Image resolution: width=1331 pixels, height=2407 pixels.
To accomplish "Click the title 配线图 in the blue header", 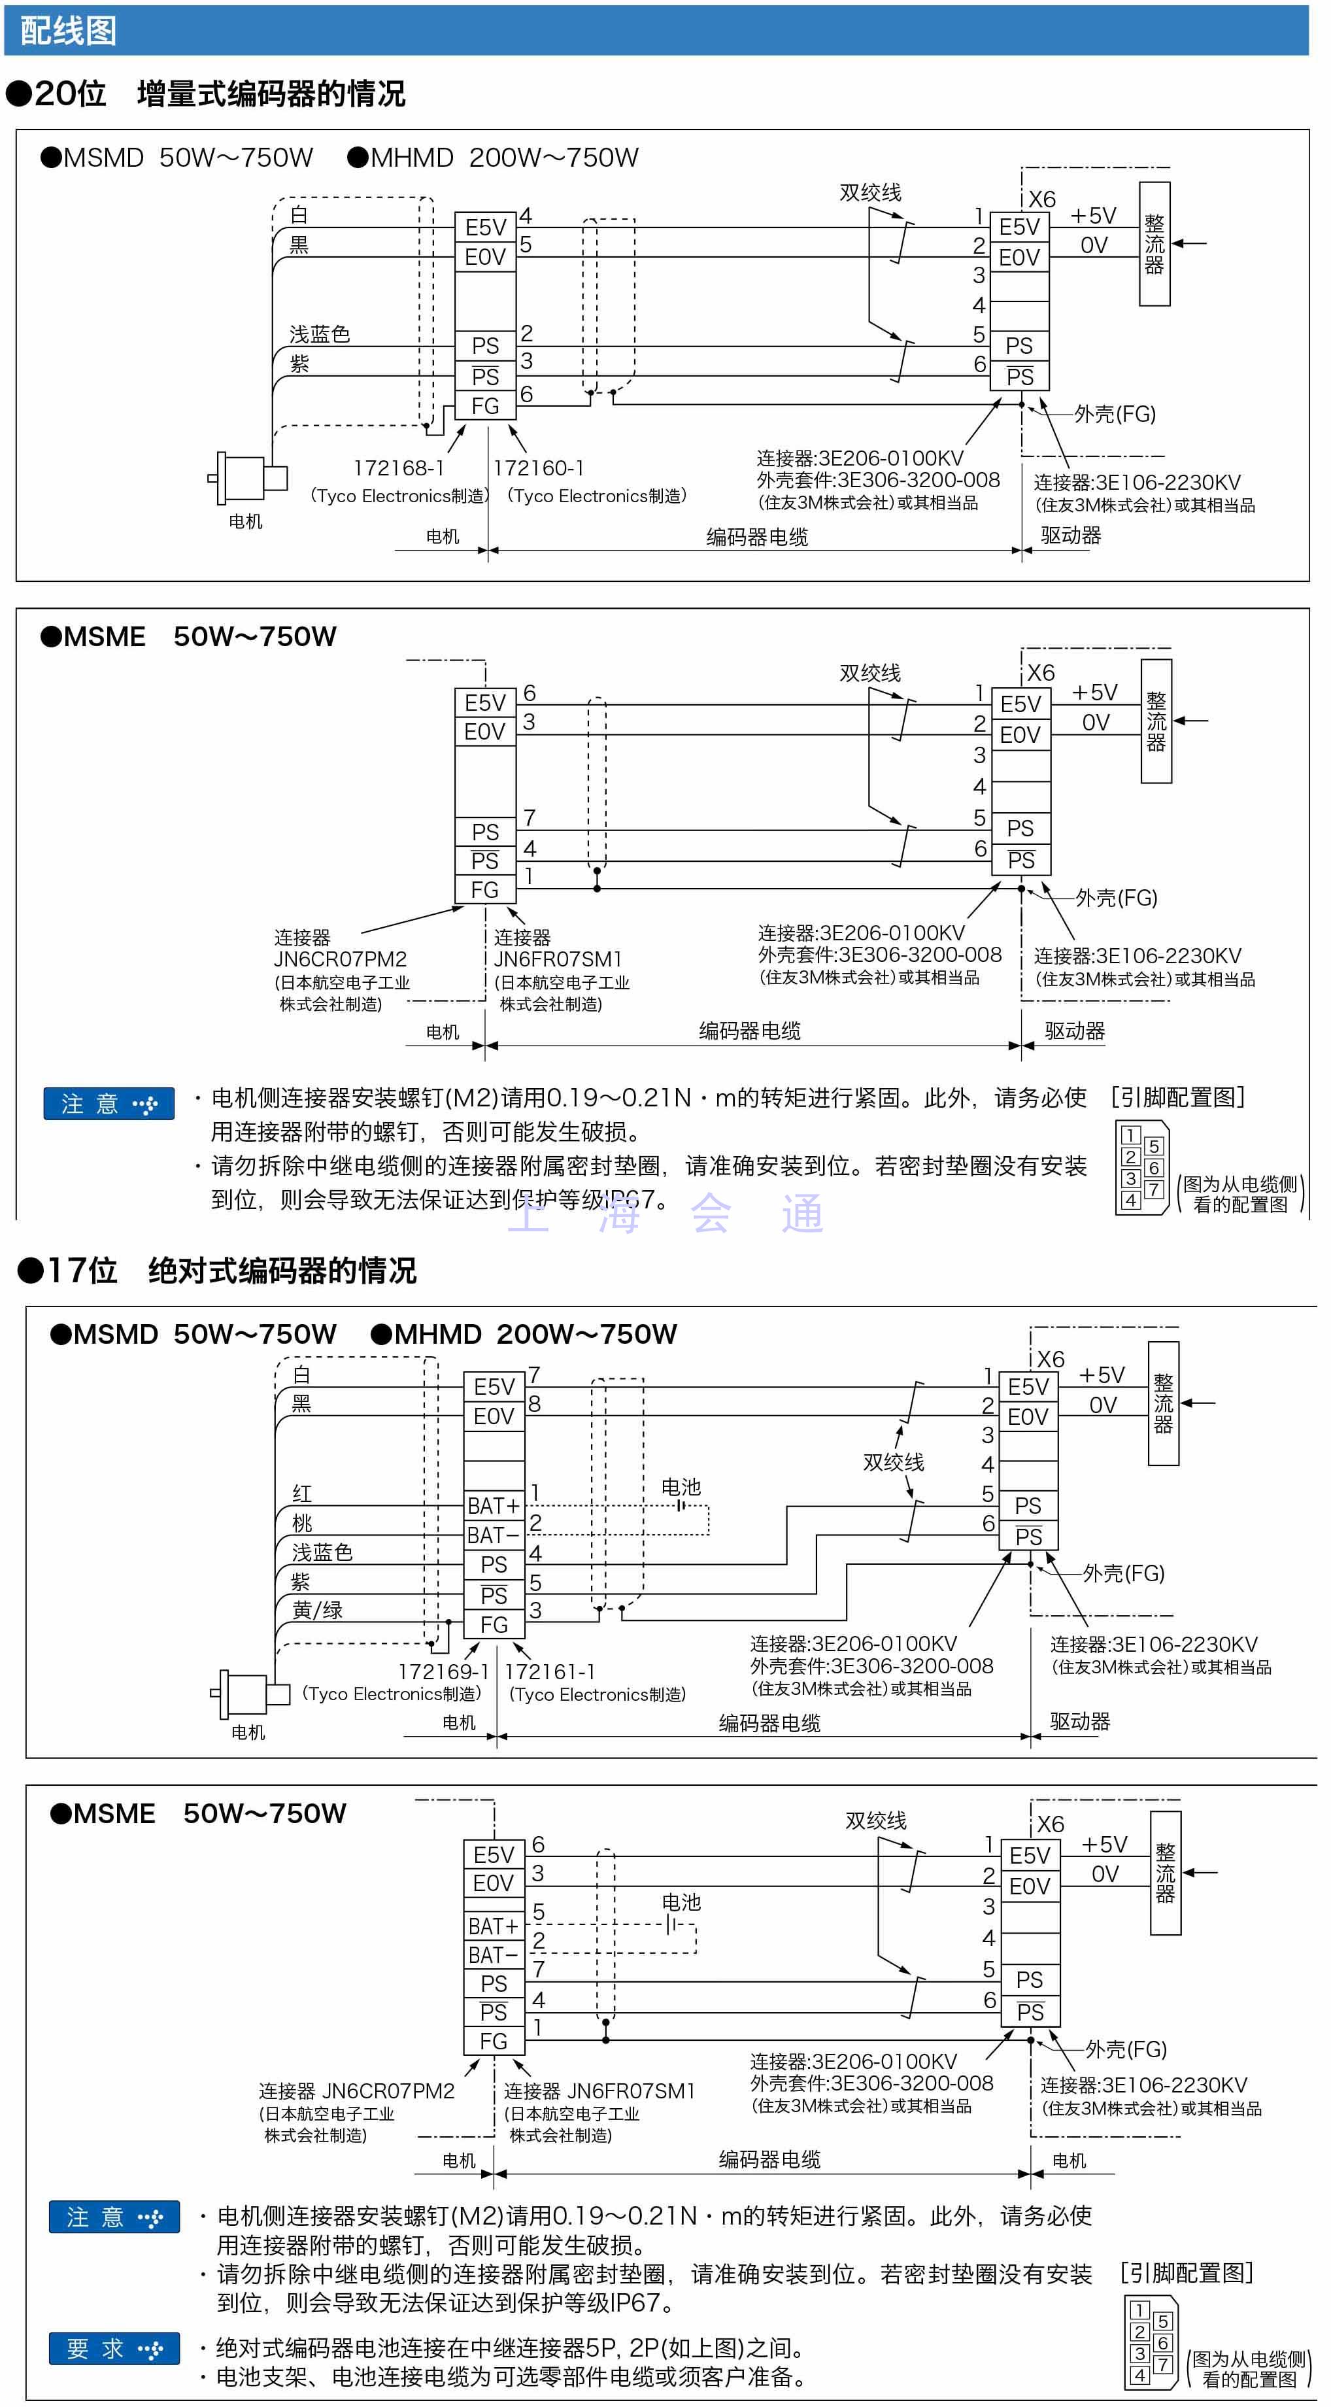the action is pyautogui.click(x=68, y=31).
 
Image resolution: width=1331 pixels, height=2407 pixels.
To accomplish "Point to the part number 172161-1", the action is pyautogui.click(x=550, y=1671).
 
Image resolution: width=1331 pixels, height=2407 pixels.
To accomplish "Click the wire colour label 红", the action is pyautogui.click(x=301, y=1493).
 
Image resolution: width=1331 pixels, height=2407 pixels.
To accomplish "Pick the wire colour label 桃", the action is pyautogui.click(x=301, y=1523).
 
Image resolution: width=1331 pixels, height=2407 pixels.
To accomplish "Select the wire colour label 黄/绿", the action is pyautogui.click(x=318, y=1610).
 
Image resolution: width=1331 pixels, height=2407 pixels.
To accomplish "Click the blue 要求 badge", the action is pyautogui.click(x=114, y=2348).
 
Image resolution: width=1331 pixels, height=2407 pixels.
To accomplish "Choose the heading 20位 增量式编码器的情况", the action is pyautogui.click(x=207, y=94).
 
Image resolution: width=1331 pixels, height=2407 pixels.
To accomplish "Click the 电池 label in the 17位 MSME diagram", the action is pyautogui.click(x=681, y=1902).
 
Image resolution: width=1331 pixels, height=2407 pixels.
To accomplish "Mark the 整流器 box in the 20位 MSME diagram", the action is pyautogui.click(x=1156, y=721).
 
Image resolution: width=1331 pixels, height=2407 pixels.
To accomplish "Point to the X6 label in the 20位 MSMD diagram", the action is pyautogui.click(x=1041, y=199).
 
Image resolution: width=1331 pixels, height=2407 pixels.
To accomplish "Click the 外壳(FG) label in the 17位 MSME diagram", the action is pyautogui.click(x=1126, y=2049).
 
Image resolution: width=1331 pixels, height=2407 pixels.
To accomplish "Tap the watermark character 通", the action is pyautogui.click(x=802, y=1214).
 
